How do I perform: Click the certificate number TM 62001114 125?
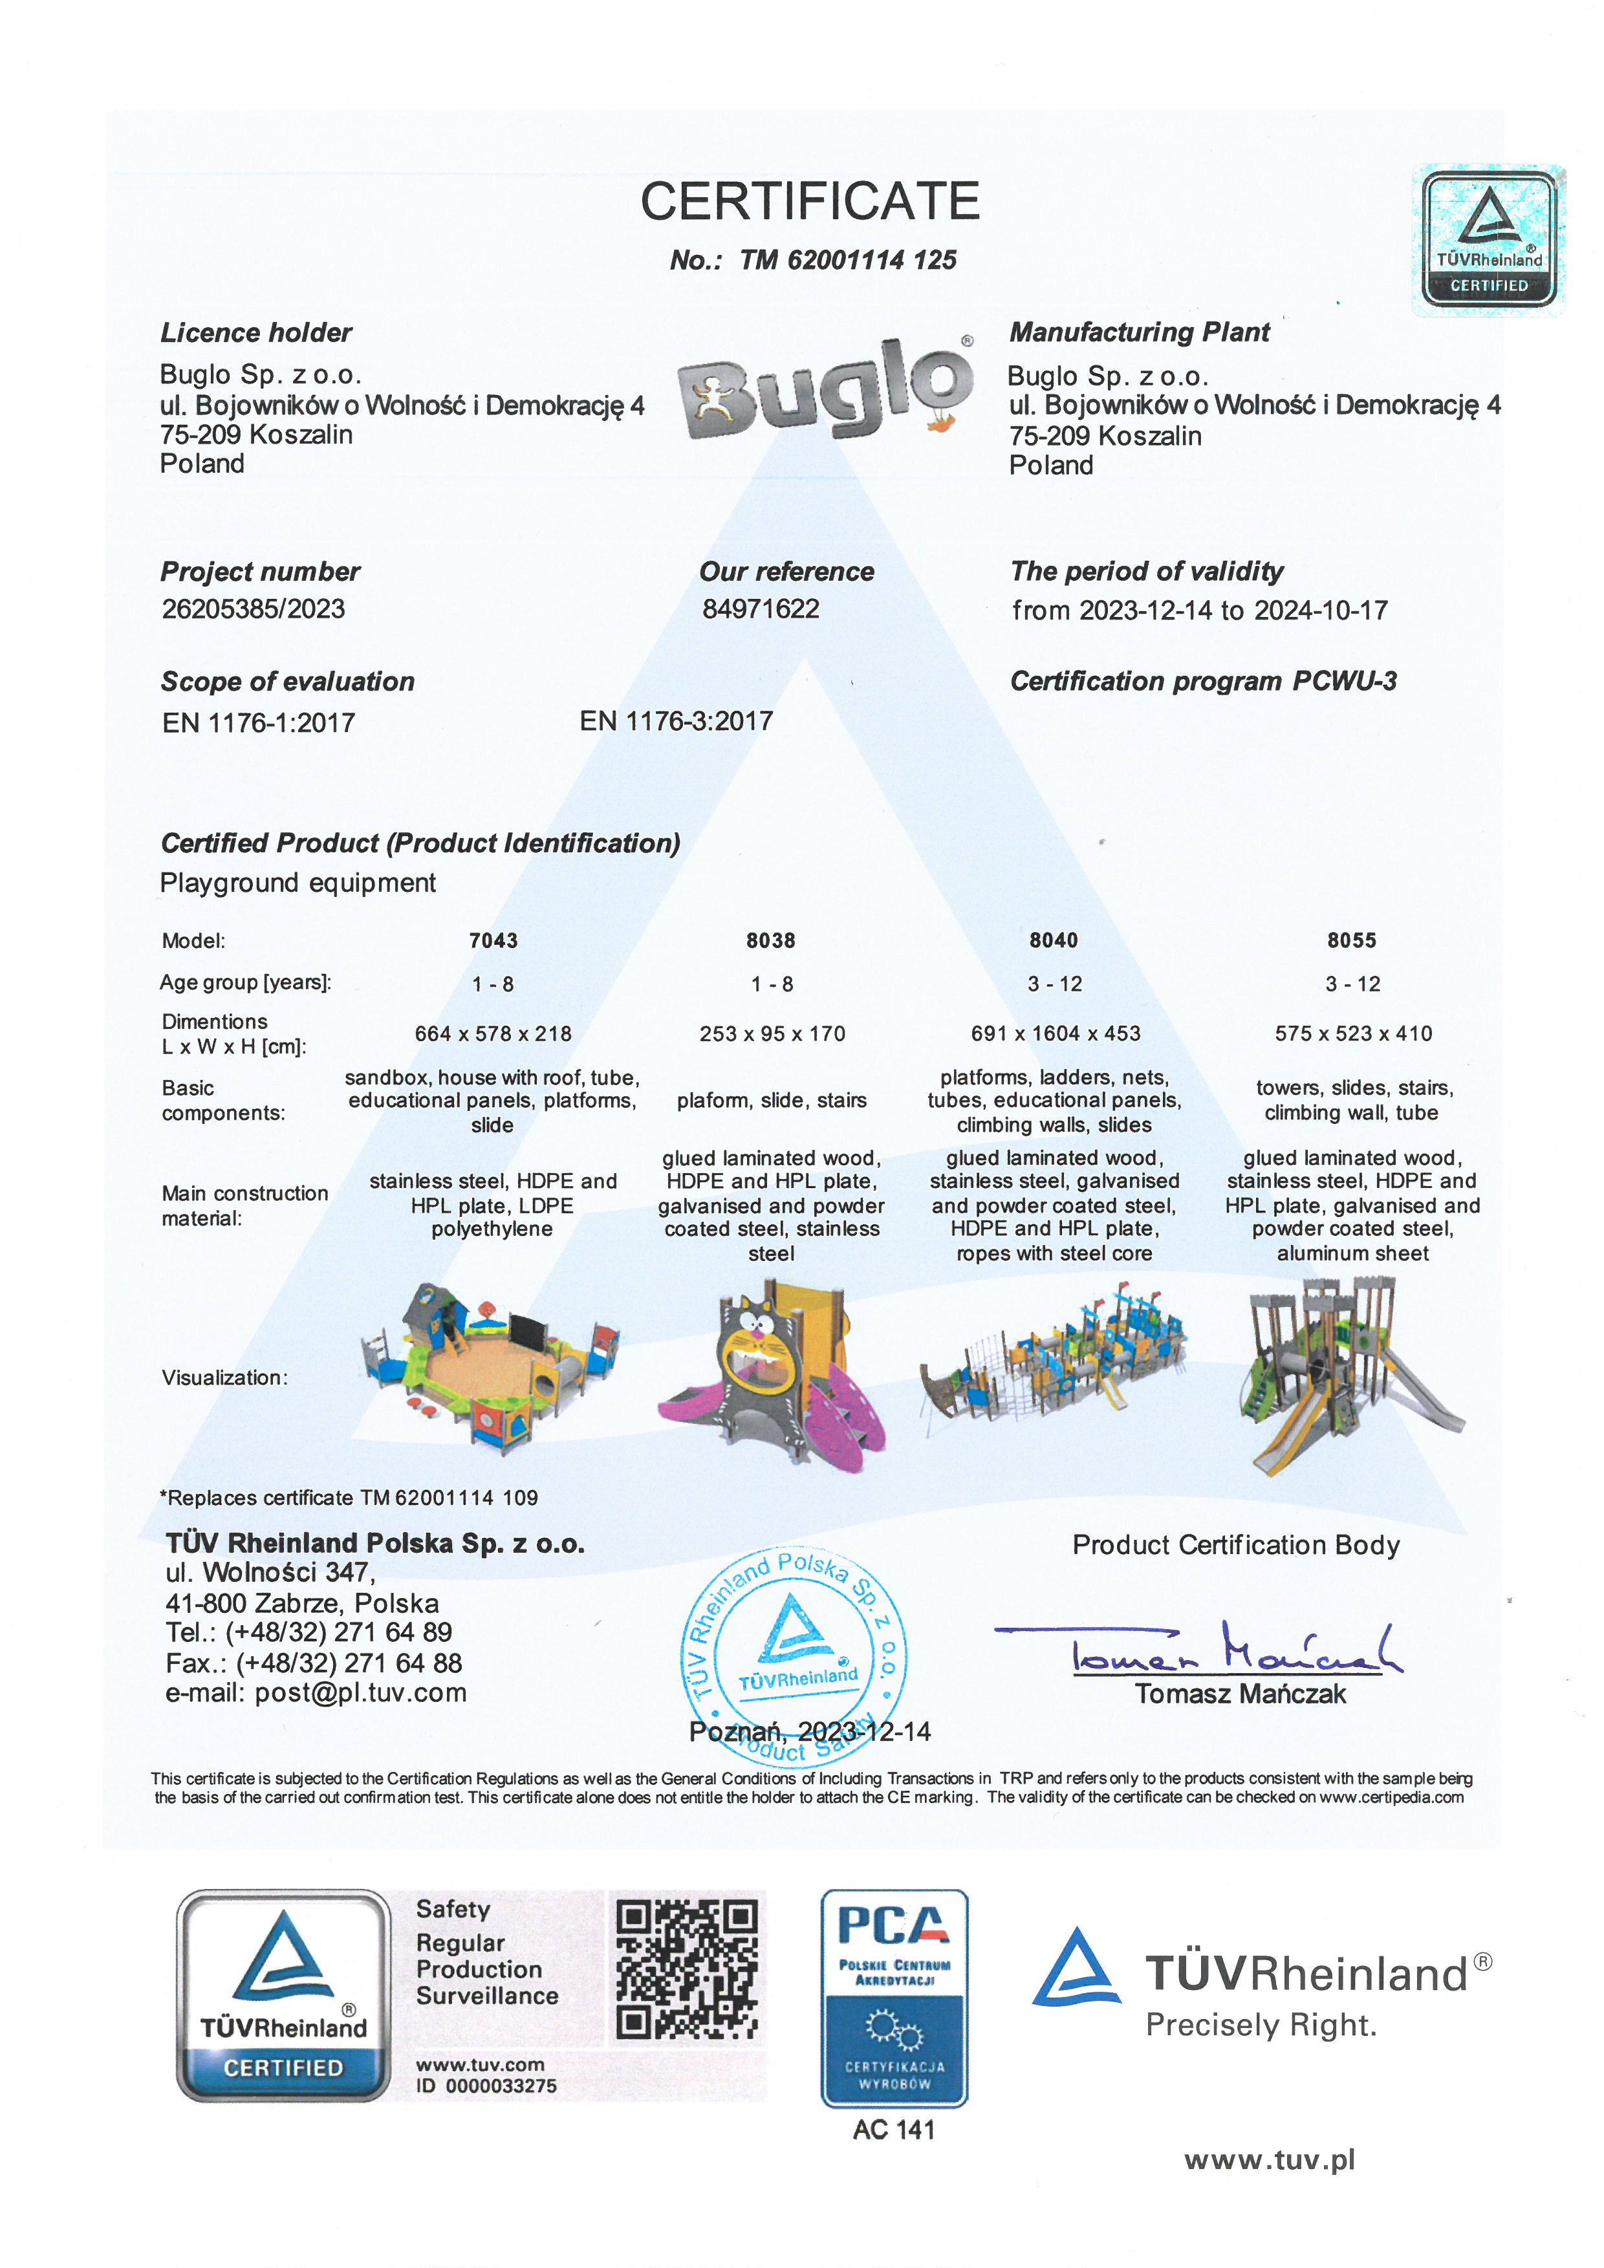(x=847, y=260)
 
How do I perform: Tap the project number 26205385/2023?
(x=253, y=609)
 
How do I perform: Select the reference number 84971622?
(x=761, y=609)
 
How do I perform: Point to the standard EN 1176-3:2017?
(x=676, y=721)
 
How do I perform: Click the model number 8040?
(x=1053, y=940)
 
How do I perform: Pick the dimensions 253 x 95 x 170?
(x=772, y=1033)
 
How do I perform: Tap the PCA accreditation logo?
(x=894, y=1997)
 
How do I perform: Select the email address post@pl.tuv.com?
(x=360, y=1693)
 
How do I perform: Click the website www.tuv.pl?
(x=1269, y=2161)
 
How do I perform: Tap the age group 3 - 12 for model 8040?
(x=1054, y=984)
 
